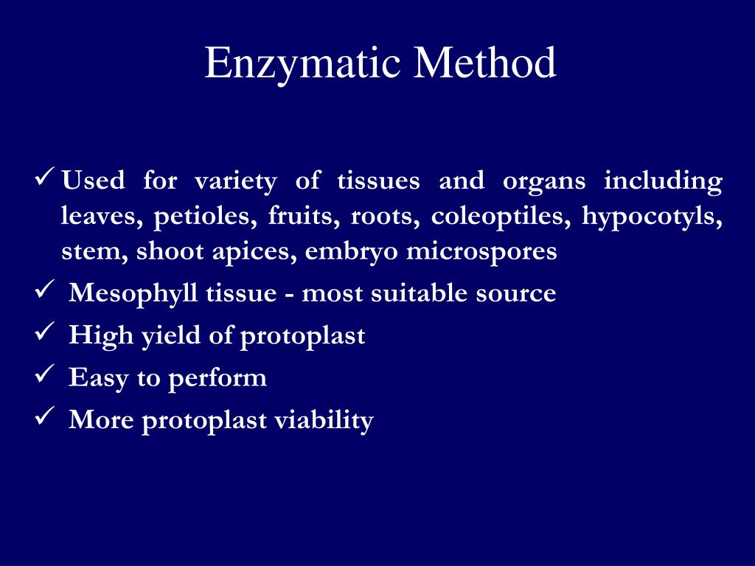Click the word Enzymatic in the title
pos(303,63)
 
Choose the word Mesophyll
pos(133,294)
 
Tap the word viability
pos(324,420)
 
